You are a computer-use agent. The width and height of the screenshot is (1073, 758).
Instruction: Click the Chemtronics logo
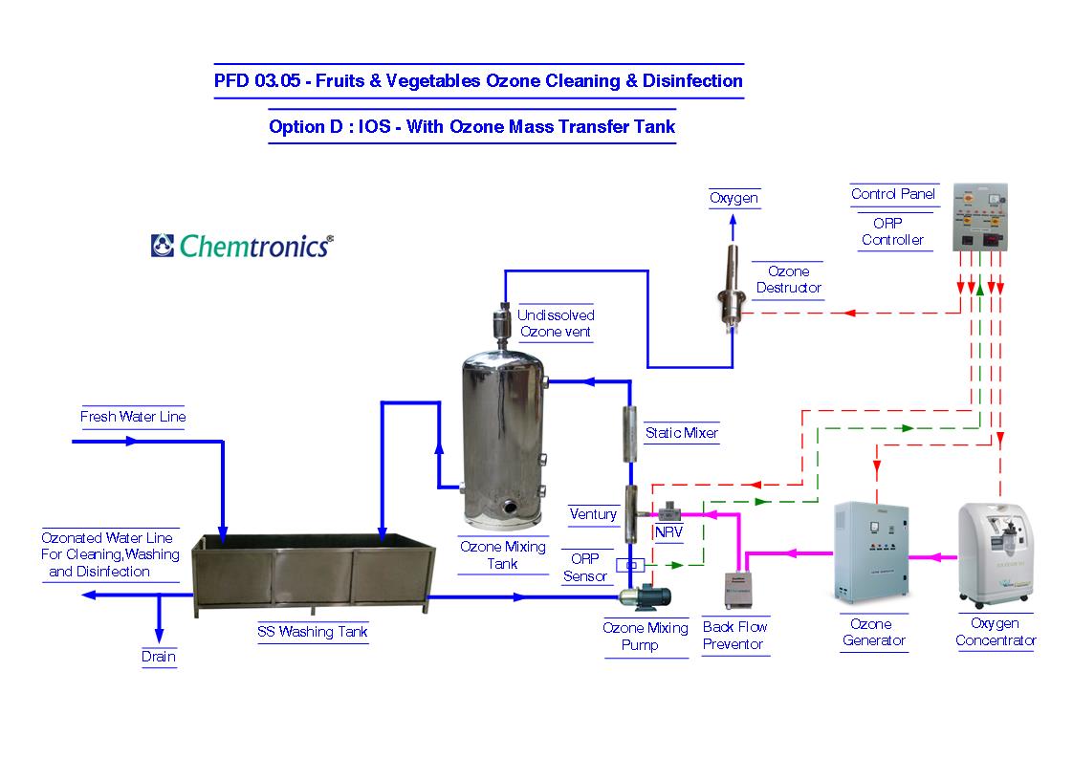tap(242, 246)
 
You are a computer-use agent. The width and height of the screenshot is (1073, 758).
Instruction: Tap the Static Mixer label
tap(681, 433)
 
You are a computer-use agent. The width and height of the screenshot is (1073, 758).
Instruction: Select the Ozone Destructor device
tap(734, 287)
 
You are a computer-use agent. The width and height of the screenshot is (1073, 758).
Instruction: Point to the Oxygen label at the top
tap(734, 199)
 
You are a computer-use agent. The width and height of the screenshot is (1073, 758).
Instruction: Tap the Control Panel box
tap(981, 218)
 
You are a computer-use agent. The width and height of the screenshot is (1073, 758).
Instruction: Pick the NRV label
tap(668, 531)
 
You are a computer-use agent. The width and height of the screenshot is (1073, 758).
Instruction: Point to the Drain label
tap(159, 657)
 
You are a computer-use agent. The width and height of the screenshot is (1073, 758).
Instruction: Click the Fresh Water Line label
tap(133, 417)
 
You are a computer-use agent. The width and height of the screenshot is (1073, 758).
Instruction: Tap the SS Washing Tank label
tap(312, 632)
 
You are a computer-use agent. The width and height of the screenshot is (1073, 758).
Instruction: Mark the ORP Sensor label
tap(585, 567)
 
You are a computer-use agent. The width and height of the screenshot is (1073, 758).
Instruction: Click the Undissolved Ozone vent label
tap(556, 324)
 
